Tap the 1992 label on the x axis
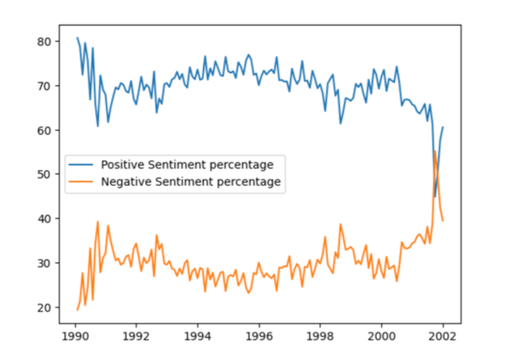[136, 333]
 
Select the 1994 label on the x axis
[197, 333]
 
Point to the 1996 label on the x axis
[259, 333]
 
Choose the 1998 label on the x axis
[321, 333]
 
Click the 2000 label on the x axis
[381, 333]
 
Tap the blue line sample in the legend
[82, 164]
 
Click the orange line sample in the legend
[82, 182]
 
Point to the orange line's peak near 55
[435, 151]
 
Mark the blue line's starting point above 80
[78, 38]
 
